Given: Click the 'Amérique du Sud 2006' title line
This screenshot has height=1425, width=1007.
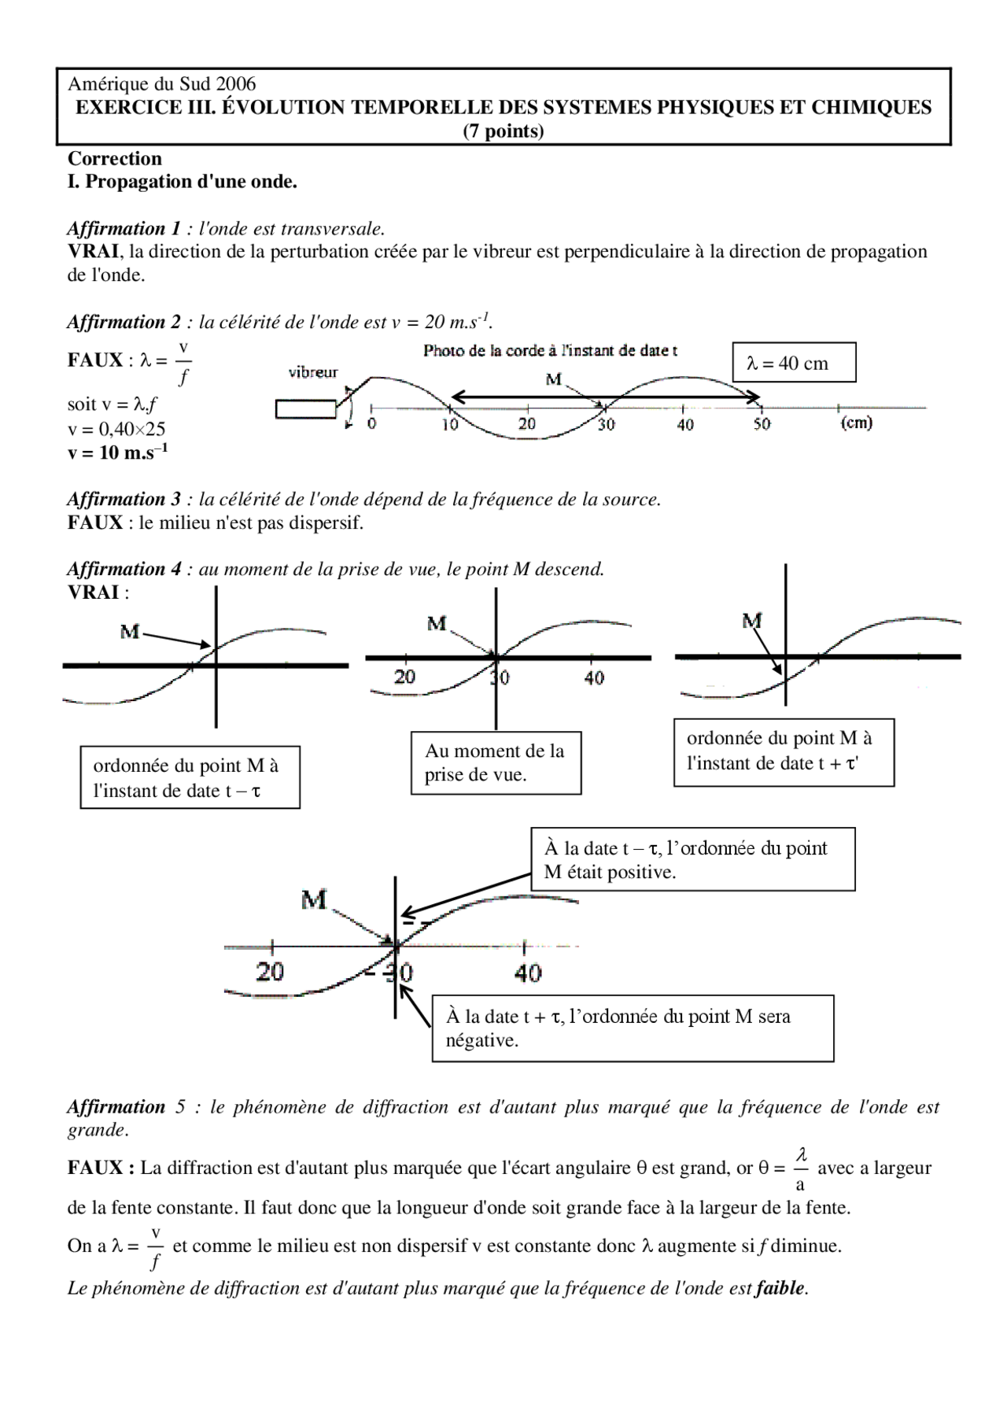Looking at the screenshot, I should tap(161, 84).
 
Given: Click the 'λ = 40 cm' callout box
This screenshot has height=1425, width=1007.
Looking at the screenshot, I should tap(793, 363).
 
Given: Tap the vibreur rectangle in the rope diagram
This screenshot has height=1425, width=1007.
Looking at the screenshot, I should tap(305, 409).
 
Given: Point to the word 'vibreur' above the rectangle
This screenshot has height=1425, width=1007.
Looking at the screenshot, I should tap(313, 373).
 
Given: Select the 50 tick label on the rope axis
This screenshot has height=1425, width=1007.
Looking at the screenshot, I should tap(762, 424).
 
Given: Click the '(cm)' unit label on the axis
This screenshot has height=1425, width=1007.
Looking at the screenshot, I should tap(857, 423).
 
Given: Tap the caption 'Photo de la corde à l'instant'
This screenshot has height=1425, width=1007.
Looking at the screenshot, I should tap(550, 351).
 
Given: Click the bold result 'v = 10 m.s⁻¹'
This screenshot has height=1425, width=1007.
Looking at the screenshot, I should tap(117, 453).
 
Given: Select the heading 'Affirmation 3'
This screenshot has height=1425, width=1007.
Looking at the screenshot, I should tap(124, 499).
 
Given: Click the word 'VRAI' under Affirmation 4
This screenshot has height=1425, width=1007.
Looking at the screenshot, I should tap(94, 593).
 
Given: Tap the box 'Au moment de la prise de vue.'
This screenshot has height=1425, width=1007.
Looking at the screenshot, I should tap(496, 762).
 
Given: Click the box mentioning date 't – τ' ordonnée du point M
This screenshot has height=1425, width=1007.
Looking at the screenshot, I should tap(190, 777).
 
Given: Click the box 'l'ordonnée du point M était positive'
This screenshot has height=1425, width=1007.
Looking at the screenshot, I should tap(692, 859).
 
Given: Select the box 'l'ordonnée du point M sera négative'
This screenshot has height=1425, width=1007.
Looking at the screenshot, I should tap(632, 1028).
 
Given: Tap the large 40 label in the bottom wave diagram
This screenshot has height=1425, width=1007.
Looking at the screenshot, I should tap(528, 973).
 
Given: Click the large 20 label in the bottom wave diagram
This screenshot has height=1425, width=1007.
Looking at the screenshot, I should tap(270, 973).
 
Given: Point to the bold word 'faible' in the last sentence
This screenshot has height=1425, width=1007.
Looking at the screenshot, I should tap(780, 1288).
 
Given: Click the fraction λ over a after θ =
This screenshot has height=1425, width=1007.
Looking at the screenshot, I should tap(801, 1168).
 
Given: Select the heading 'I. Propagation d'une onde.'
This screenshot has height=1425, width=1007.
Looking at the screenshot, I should tap(183, 182).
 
